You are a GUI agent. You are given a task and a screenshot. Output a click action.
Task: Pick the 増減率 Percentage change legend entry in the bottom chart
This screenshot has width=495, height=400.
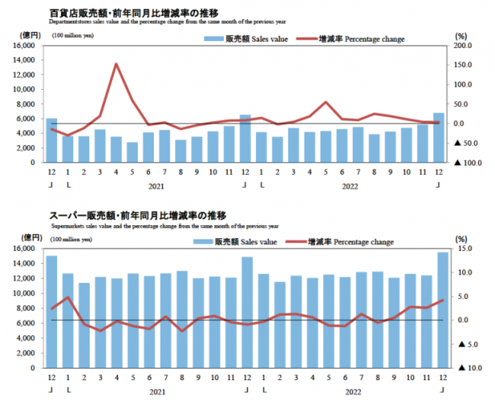point(350,242)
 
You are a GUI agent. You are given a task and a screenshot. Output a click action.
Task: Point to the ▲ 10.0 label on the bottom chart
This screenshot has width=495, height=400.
point(465,367)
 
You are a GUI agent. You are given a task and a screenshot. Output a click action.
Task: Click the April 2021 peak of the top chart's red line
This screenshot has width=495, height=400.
point(117,64)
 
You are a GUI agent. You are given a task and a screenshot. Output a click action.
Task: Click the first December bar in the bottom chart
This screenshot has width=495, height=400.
point(52,311)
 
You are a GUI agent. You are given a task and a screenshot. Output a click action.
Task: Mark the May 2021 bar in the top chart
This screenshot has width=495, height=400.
point(133,152)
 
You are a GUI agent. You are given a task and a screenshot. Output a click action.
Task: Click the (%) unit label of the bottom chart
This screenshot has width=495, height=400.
point(460,239)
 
